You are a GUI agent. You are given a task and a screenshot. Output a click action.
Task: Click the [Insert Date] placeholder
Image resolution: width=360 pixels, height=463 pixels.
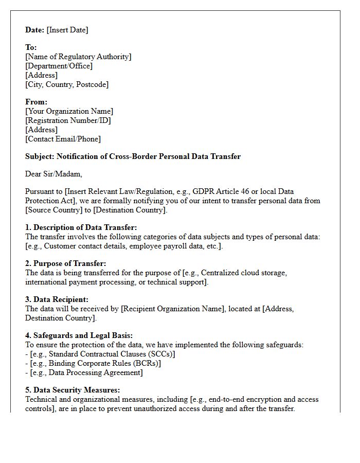coord(67,30)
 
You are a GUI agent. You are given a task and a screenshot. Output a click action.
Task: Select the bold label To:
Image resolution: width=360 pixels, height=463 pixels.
coord(31,48)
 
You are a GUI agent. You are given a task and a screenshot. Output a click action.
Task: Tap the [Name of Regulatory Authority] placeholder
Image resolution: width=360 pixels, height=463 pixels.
coord(78,57)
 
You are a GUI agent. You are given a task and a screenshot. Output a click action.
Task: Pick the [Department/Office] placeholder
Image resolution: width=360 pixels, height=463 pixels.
coord(59,66)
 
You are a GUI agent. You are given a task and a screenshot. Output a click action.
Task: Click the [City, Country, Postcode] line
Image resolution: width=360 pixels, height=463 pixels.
coord(67,84)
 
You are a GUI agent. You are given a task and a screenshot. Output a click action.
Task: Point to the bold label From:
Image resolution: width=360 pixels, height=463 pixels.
coord(36,102)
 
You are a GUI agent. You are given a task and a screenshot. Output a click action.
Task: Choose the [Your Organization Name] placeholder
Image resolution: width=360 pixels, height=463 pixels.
coord(69,111)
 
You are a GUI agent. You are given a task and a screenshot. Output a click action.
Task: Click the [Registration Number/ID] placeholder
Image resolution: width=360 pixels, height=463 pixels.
coord(68,120)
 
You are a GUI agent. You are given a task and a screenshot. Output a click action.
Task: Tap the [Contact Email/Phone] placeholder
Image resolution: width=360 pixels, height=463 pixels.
coord(63,139)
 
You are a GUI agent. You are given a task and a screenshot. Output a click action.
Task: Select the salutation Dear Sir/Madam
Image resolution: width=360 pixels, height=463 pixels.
coord(53,174)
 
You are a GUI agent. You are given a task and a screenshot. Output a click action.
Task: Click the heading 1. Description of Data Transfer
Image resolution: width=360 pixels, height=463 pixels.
coord(81,227)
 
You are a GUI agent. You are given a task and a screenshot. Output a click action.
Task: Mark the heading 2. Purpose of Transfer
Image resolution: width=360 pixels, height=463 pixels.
coord(66,263)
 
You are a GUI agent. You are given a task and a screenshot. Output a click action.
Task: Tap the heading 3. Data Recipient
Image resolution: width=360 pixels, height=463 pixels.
coord(57,299)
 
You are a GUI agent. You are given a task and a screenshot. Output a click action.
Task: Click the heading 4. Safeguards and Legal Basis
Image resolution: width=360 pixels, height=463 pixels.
coord(79,335)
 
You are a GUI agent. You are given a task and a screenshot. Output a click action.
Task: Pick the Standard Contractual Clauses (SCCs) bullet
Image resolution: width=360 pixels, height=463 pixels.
coord(102,354)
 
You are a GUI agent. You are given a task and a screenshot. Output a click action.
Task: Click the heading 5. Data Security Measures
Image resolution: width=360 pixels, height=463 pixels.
coord(73,390)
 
